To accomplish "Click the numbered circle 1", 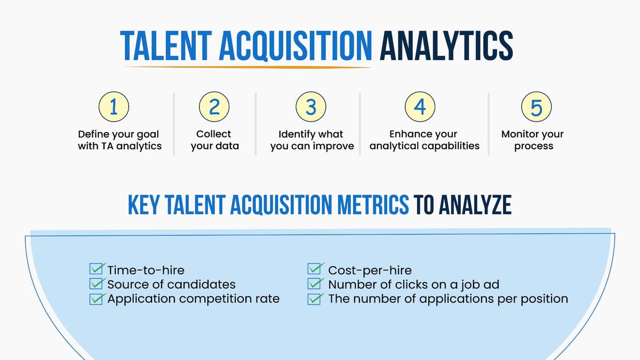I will [113, 107].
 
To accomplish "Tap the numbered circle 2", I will [214, 107].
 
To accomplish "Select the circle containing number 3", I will [311, 107].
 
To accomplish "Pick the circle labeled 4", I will [420, 107].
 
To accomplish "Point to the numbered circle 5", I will [536, 107].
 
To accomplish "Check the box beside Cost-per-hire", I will [316, 270].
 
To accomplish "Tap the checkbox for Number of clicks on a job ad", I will [316, 284].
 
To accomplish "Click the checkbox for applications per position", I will [316, 299].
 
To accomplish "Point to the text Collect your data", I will [214, 140].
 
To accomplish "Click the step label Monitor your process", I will [532, 140].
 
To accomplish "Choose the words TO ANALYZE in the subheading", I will [462, 205].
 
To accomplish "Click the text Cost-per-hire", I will [370, 270].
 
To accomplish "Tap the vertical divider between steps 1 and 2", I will [174, 124].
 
